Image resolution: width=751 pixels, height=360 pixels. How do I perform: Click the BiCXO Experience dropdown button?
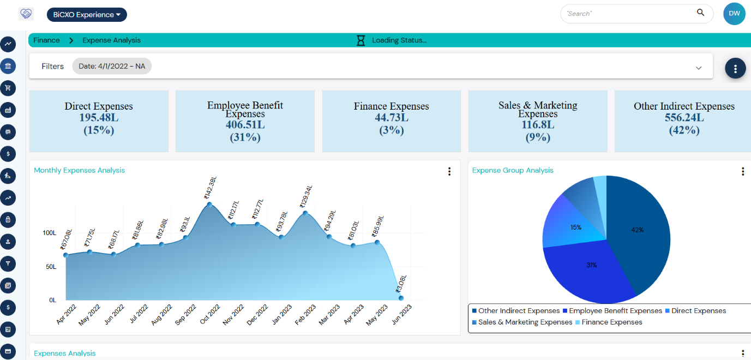[87, 15]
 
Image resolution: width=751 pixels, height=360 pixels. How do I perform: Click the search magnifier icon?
[700, 13]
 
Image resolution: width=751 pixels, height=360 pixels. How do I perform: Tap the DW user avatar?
[734, 14]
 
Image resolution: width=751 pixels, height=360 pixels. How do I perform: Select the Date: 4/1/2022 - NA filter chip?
[112, 66]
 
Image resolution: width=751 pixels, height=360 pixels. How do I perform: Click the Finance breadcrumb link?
[46, 40]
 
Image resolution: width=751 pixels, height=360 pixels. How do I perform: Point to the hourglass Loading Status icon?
[361, 40]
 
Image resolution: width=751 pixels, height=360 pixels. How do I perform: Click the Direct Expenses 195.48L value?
[98, 118]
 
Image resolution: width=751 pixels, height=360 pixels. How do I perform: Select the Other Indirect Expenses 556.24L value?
[684, 118]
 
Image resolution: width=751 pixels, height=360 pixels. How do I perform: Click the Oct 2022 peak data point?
[209, 205]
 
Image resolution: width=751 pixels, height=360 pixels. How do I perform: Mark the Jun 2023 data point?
[401, 298]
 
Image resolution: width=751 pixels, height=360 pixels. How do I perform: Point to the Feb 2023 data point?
[305, 213]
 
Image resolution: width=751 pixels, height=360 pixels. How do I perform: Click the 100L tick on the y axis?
[49, 233]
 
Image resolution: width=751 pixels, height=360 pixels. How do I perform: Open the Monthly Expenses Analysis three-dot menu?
[449, 171]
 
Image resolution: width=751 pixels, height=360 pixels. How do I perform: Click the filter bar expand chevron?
[699, 68]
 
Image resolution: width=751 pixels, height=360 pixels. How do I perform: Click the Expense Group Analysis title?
[513, 170]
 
